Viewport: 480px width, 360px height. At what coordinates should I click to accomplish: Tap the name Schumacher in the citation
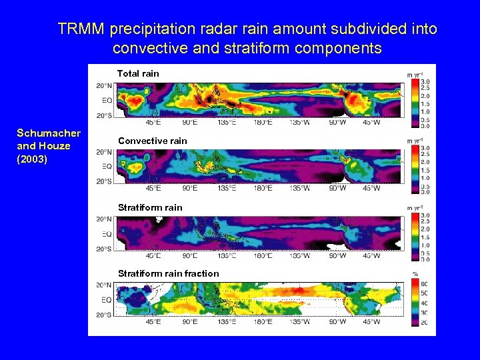49,133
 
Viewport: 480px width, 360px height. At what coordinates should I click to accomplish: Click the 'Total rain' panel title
138,73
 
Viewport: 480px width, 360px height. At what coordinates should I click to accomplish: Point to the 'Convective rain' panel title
153,141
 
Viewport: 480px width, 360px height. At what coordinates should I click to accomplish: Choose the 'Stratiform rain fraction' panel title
168,273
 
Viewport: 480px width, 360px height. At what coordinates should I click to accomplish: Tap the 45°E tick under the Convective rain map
153,189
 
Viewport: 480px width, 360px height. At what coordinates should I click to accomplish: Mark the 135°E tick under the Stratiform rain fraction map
227,321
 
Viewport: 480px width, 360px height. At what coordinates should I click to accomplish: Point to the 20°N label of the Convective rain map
104,152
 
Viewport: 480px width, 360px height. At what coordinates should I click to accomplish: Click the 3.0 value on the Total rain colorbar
425,81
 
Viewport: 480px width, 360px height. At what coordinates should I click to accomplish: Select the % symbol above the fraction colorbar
415,274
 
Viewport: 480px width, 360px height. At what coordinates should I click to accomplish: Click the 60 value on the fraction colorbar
424,285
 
